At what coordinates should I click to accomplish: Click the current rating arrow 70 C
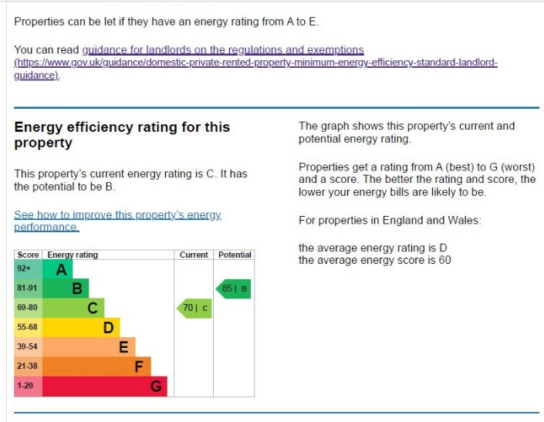(x=194, y=309)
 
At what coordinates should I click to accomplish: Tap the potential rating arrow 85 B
(x=234, y=289)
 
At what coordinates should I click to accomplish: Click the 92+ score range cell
(x=28, y=269)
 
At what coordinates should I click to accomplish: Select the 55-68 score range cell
(x=28, y=327)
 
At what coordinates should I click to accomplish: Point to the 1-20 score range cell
(x=28, y=385)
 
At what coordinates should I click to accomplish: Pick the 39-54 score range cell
(x=28, y=346)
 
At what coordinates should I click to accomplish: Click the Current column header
(x=194, y=255)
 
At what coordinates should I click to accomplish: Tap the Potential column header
(x=235, y=255)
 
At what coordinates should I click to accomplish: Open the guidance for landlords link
(x=222, y=50)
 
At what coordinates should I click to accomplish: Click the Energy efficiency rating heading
(x=122, y=134)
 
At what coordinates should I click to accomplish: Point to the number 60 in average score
(x=444, y=260)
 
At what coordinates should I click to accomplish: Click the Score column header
(x=28, y=255)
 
